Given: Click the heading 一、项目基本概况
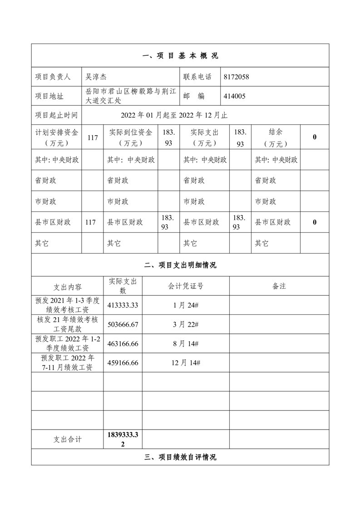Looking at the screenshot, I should point(180,56).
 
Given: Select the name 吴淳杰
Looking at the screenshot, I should point(96,77).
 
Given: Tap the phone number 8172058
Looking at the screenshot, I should point(237,77).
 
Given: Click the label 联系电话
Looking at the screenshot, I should point(197,77).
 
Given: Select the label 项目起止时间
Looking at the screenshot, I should point(56,115).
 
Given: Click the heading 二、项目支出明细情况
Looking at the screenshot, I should point(180,265).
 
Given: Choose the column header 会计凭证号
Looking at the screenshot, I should point(186,286).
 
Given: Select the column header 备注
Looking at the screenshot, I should point(279,286).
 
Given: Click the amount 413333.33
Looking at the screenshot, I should point(123,305).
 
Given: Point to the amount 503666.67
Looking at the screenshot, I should point(123,324).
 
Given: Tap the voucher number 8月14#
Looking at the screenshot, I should point(186,344).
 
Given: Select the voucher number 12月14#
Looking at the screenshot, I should point(186,363).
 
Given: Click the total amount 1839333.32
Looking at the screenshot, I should point(123,439).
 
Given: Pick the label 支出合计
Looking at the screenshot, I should point(68,439).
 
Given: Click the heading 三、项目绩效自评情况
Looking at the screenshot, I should point(180,457).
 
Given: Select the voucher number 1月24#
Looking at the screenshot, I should point(186,305).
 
